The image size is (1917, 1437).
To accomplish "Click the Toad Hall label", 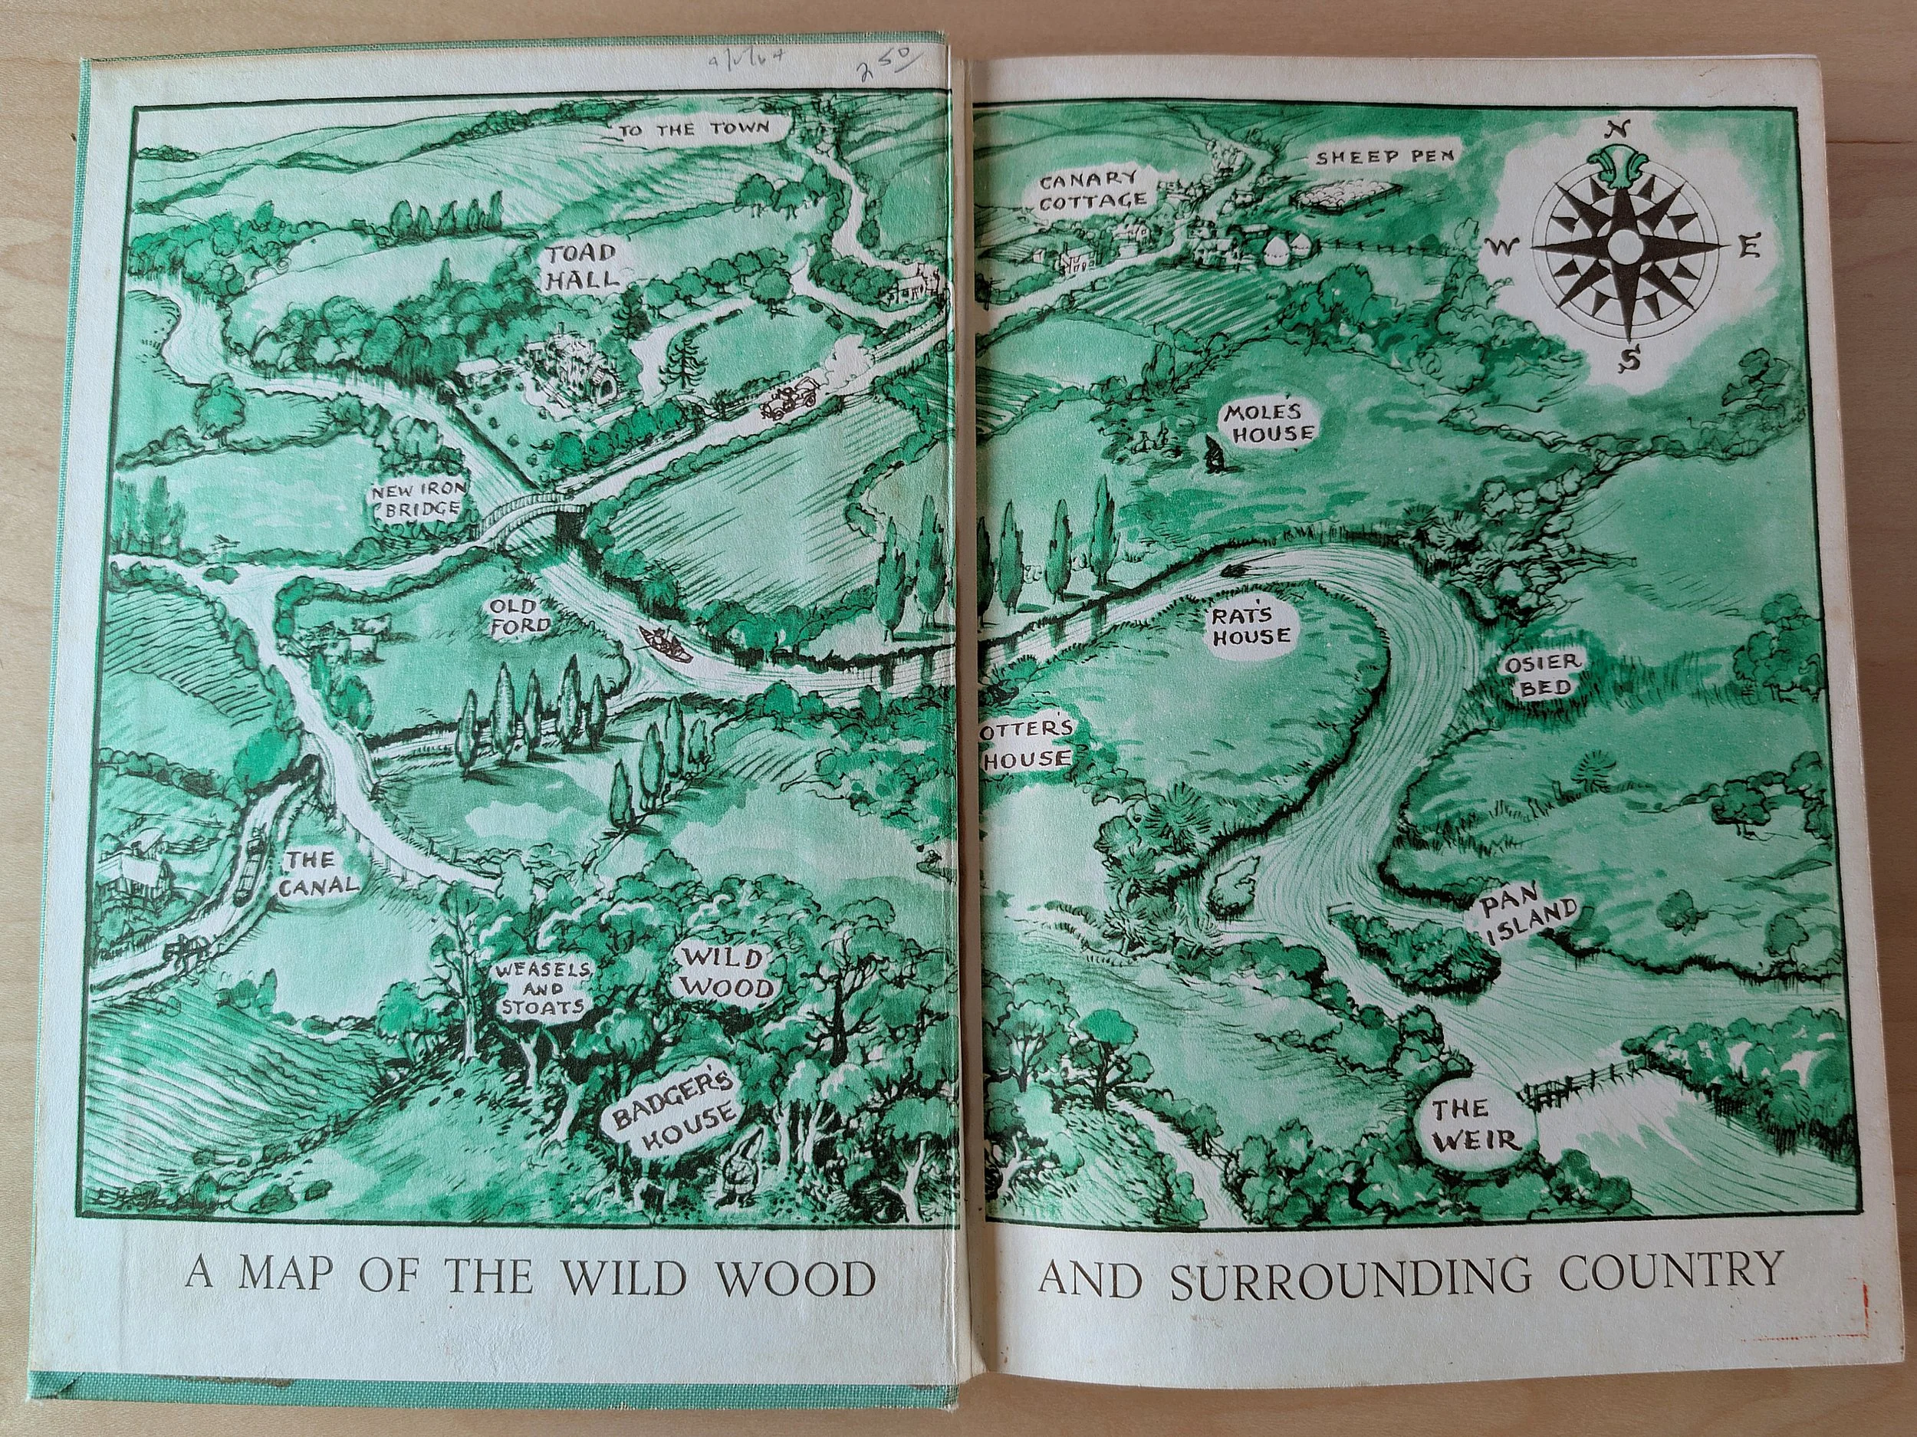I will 581,266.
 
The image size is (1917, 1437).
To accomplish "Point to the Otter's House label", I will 1025,744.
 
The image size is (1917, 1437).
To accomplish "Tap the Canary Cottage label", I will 1093,190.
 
